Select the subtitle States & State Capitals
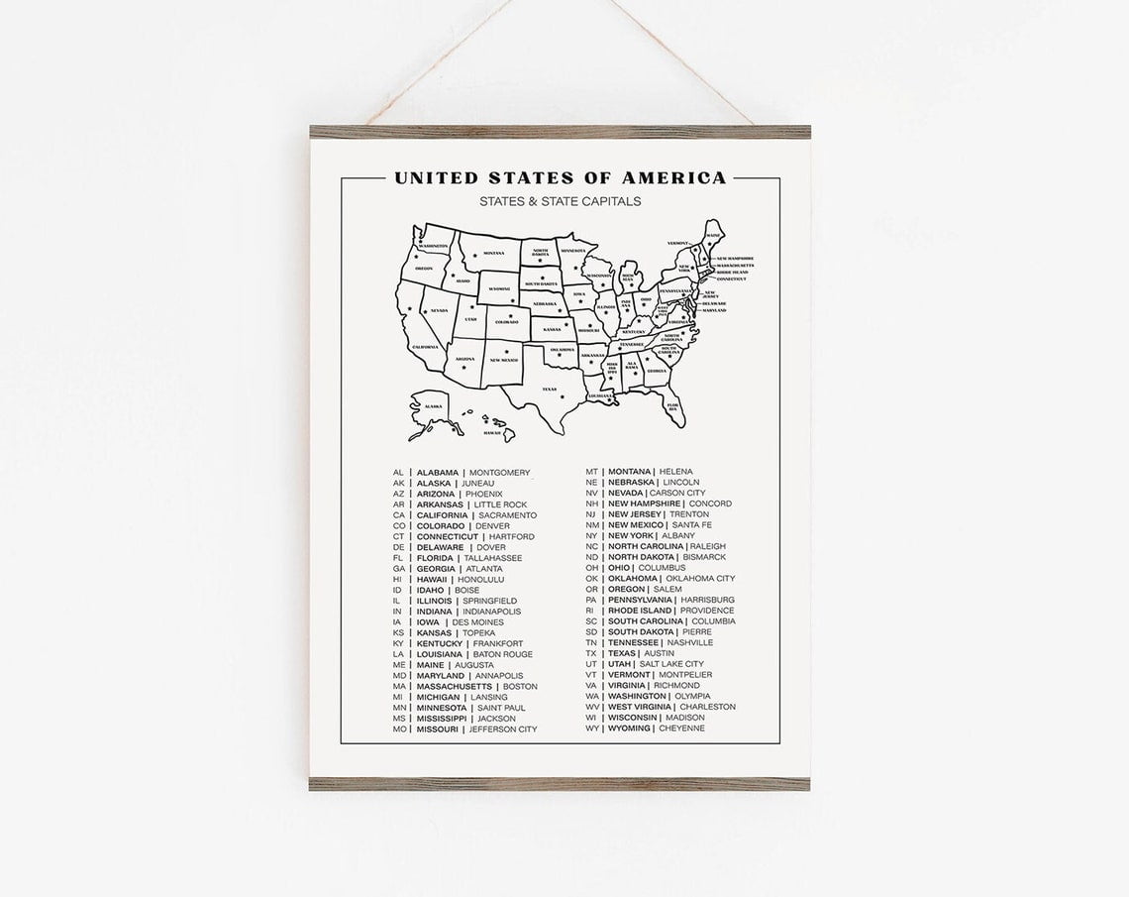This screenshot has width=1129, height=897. click(x=560, y=202)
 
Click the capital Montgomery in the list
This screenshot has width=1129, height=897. click(x=500, y=473)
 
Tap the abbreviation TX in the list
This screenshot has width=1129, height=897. click(x=591, y=653)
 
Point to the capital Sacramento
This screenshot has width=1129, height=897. click(x=507, y=515)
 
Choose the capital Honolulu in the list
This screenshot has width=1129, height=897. click(x=480, y=580)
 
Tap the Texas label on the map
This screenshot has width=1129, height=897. click(x=549, y=390)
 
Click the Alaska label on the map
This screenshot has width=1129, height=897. click(x=433, y=406)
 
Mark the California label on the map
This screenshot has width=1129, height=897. click(x=425, y=347)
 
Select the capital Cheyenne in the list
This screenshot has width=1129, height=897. click(x=681, y=729)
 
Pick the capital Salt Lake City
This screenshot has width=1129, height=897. click(x=670, y=664)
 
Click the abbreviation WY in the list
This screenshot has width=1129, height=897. click(x=591, y=729)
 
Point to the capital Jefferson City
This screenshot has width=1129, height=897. click(x=502, y=729)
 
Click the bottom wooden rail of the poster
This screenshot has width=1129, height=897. click(x=560, y=783)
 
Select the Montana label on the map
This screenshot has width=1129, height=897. click(x=493, y=253)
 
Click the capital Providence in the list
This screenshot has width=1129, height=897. click(x=707, y=611)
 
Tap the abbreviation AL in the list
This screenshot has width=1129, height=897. click(x=398, y=473)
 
